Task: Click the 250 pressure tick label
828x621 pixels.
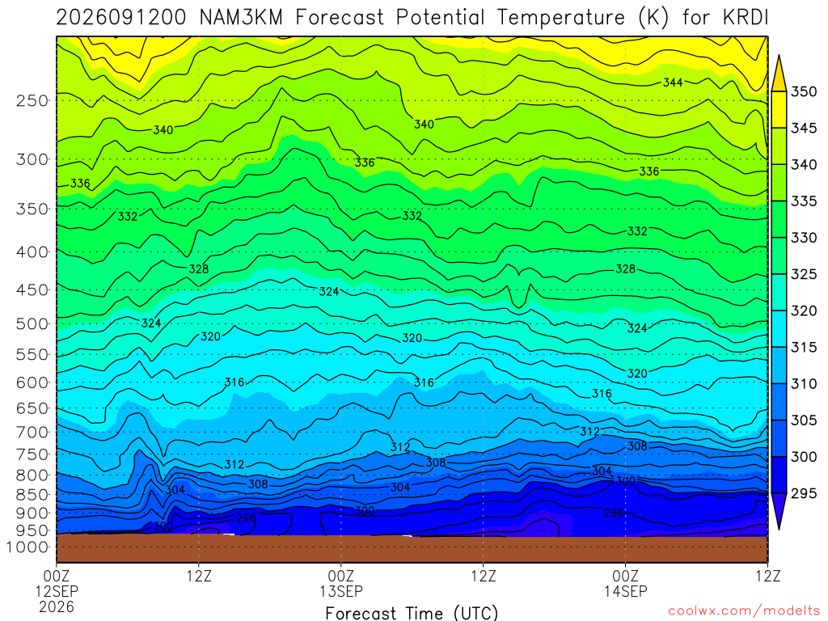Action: (32, 100)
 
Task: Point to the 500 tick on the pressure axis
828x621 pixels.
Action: (32, 323)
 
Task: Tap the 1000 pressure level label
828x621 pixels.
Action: (28, 547)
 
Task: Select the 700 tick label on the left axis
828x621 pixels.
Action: (32, 432)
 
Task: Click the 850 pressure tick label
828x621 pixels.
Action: (32, 495)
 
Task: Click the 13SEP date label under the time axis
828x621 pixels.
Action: (341, 591)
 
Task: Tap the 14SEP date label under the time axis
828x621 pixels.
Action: (626, 591)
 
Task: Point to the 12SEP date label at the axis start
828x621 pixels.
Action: (57, 591)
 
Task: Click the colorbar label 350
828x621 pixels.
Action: (804, 92)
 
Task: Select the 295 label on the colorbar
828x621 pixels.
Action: (804, 493)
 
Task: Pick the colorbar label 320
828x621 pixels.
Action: (804, 311)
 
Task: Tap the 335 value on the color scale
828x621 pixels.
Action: (804, 201)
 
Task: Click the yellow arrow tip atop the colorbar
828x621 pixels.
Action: (779, 55)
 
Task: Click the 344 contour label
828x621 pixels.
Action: (673, 82)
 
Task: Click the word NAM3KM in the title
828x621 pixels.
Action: (241, 18)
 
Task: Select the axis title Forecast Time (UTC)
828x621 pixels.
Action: (412, 613)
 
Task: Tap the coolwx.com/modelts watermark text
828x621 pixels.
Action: (744, 611)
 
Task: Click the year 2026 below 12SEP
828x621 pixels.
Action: (57, 606)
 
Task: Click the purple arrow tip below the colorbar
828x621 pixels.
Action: (779, 529)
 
